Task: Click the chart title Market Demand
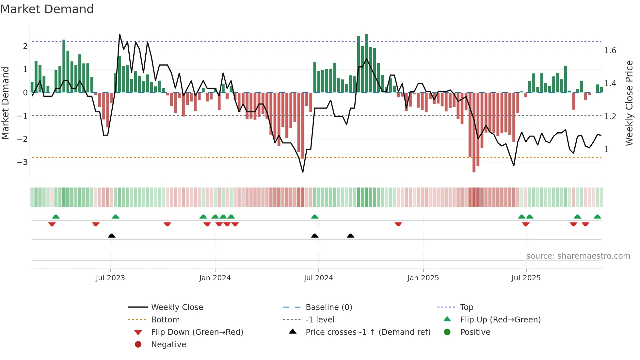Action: coord(47,9)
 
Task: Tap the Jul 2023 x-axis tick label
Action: coord(110,278)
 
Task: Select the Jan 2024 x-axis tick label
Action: coord(215,278)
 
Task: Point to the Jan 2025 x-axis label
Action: coord(423,278)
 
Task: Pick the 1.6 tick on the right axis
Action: coord(610,51)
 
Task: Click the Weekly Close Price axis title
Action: coord(629,103)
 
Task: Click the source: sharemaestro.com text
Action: coord(578,256)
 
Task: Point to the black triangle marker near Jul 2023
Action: coord(112,236)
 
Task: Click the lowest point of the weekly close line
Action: coord(303,172)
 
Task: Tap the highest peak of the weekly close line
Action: coord(120,34)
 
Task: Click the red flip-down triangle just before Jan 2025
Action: coord(398,224)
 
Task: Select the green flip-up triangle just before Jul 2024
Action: coord(314,217)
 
